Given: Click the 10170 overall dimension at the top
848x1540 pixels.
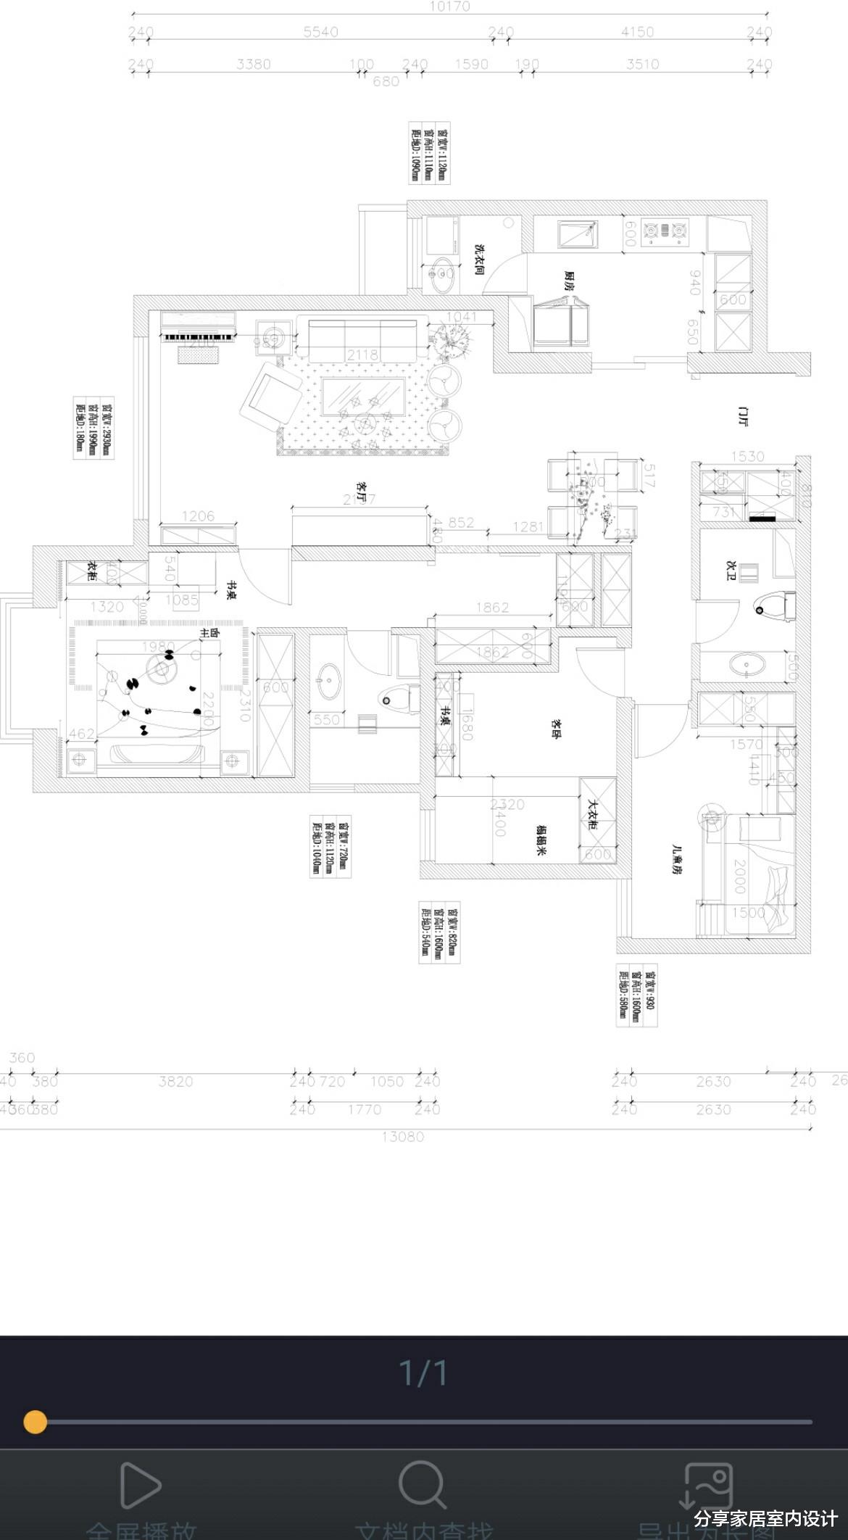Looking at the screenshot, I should (x=449, y=7).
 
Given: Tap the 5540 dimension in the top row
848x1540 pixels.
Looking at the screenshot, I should (x=320, y=32).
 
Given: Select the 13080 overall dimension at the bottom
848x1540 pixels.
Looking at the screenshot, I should (x=403, y=1136).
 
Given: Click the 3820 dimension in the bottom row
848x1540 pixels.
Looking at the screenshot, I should (x=175, y=1081).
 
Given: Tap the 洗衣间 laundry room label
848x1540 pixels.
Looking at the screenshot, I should (x=479, y=260).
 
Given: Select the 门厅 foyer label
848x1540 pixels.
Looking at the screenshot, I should (x=741, y=417).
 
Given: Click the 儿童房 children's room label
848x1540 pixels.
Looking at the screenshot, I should (x=678, y=859).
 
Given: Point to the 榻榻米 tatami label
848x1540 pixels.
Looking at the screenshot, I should (x=541, y=840).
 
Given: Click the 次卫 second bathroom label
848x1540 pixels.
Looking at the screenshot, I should (x=731, y=570).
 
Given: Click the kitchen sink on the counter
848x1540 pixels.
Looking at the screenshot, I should (x=578, y=234).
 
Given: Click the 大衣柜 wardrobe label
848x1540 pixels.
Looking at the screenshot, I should (x=591, y=815).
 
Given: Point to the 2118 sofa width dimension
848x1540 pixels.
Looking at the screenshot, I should (x=362, y=355).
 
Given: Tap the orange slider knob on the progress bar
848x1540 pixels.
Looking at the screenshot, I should (x=35, y=1422).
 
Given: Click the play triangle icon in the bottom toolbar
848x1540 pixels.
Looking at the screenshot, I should (x=139, y=1485).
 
